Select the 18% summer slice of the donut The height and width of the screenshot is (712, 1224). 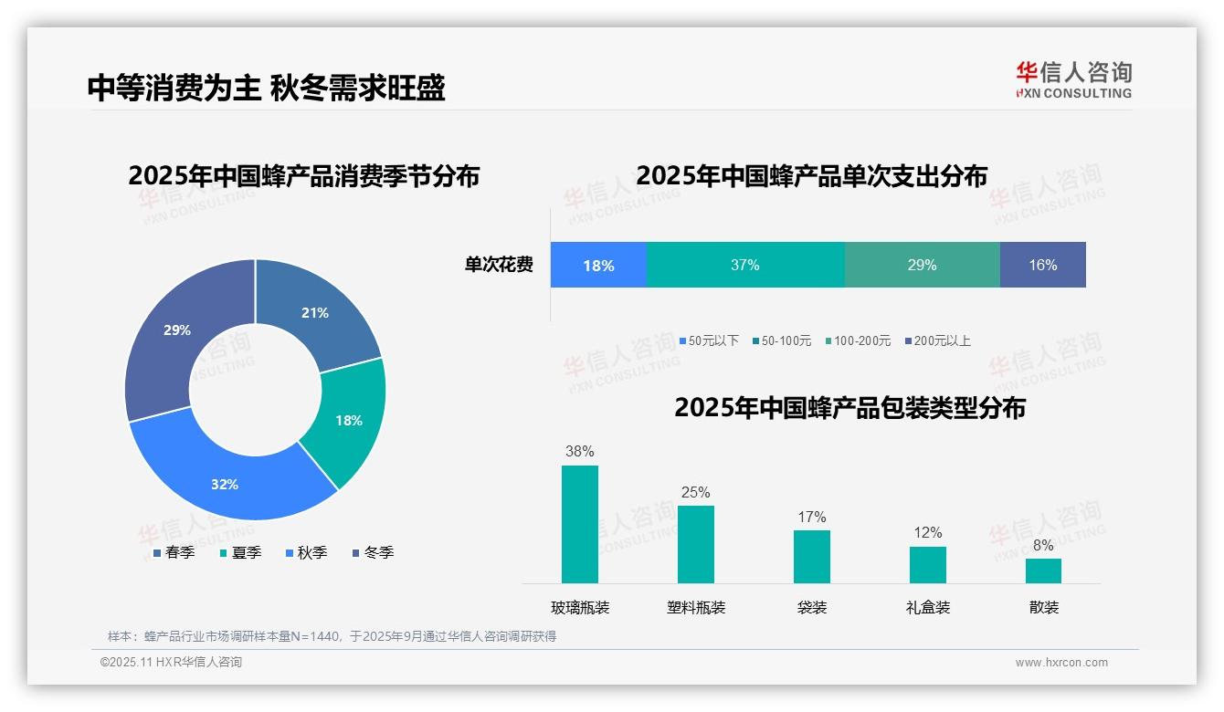[x=347, y=422]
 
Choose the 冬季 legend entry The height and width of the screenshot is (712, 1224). [x=372, y=552]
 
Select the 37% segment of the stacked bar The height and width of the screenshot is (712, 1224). [x=745, y=266]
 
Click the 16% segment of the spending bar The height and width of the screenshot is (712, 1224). [x=1042, y=266]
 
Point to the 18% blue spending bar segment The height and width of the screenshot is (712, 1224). [x=598, y=266]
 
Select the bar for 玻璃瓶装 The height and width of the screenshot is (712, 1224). [x=580, y=524]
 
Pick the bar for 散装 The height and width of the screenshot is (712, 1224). [x=1043, y=571]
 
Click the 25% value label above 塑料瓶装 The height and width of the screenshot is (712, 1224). [x=695, y=493]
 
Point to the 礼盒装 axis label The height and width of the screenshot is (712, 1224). [x=928, y=607]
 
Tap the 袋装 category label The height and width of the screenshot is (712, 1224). [x=812, y=607]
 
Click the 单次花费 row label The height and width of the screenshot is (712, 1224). [x=499, y=266]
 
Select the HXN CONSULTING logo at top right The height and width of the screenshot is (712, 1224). [x=1073, y=80]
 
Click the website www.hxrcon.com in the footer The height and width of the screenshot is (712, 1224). [x=1060, y=663]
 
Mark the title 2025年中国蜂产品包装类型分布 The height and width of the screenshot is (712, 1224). [x=849, y=408]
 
